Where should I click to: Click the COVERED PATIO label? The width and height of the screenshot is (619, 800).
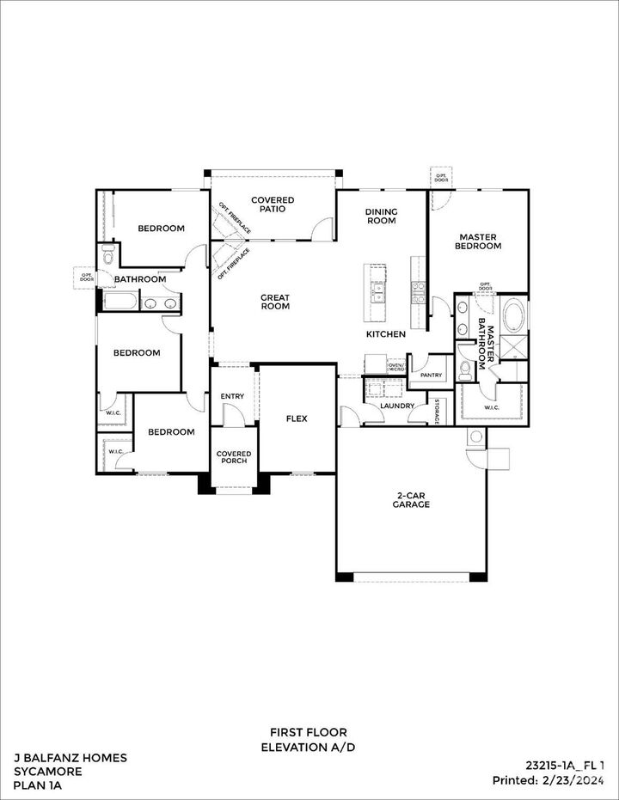pos(273,205)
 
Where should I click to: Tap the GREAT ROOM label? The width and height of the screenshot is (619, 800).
pos(275,302)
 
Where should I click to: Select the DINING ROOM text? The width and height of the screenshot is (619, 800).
pos(381,216)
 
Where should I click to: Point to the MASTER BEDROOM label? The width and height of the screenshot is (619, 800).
pos(479,241)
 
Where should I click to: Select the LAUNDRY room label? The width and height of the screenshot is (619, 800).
pos(397,406)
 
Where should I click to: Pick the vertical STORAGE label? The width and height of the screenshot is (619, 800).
pos(437,411)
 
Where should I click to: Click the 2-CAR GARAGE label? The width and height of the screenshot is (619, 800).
pos(413,499)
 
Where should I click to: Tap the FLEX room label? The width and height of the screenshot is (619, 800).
pos(297,418)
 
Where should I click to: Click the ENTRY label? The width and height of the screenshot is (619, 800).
pos(232,396)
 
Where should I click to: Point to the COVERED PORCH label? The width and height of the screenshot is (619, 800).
pos(233,457)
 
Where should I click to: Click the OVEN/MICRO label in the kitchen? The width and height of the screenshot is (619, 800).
pos(396,367)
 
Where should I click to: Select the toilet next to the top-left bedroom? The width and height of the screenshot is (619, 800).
pos(107,254)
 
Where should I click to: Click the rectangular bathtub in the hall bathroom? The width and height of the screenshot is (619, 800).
pos(120,302)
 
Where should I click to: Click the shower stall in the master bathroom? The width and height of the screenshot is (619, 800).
pos(514,347)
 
